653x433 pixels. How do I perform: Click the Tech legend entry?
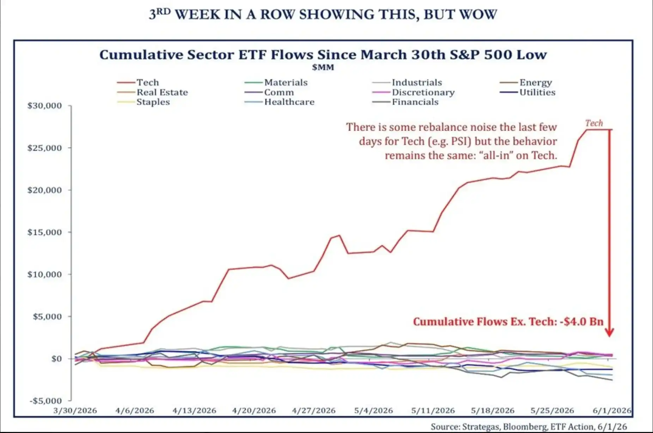pos(138,82)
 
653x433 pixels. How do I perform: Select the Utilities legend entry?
pos(527,92)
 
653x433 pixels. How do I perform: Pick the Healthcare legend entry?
pos(279,102)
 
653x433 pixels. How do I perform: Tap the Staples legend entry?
pos(144,102)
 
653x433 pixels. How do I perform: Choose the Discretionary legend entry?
pos(413,92)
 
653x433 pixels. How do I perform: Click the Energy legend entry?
pos(526,83)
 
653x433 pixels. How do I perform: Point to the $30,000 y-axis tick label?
pos(44,106)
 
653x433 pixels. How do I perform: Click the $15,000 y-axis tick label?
pos(44,232)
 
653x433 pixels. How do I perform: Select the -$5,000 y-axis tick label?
pos(46,401)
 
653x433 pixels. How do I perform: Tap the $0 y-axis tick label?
pos(56,359)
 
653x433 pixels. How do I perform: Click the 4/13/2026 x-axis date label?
pos(194,411)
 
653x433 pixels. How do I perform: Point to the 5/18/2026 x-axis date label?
pos(493,411)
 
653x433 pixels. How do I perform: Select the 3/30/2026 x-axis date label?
pos(75,411)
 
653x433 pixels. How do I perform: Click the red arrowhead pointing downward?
pos(610,332)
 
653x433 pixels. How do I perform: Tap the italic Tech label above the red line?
pos(594,123)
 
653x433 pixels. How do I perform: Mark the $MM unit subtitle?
pos(323,67)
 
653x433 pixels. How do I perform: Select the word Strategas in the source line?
pos(481,427)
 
